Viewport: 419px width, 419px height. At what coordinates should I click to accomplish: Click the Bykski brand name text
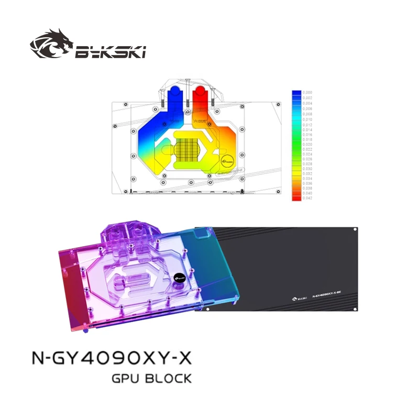(109, 51)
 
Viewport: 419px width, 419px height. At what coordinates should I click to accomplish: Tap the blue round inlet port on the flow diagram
(173, 95)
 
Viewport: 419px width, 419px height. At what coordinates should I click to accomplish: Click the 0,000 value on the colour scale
(309, 92)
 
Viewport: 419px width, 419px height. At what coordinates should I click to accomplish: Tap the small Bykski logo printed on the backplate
(296, 296)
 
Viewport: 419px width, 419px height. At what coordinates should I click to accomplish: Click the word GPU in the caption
(127, 378)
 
